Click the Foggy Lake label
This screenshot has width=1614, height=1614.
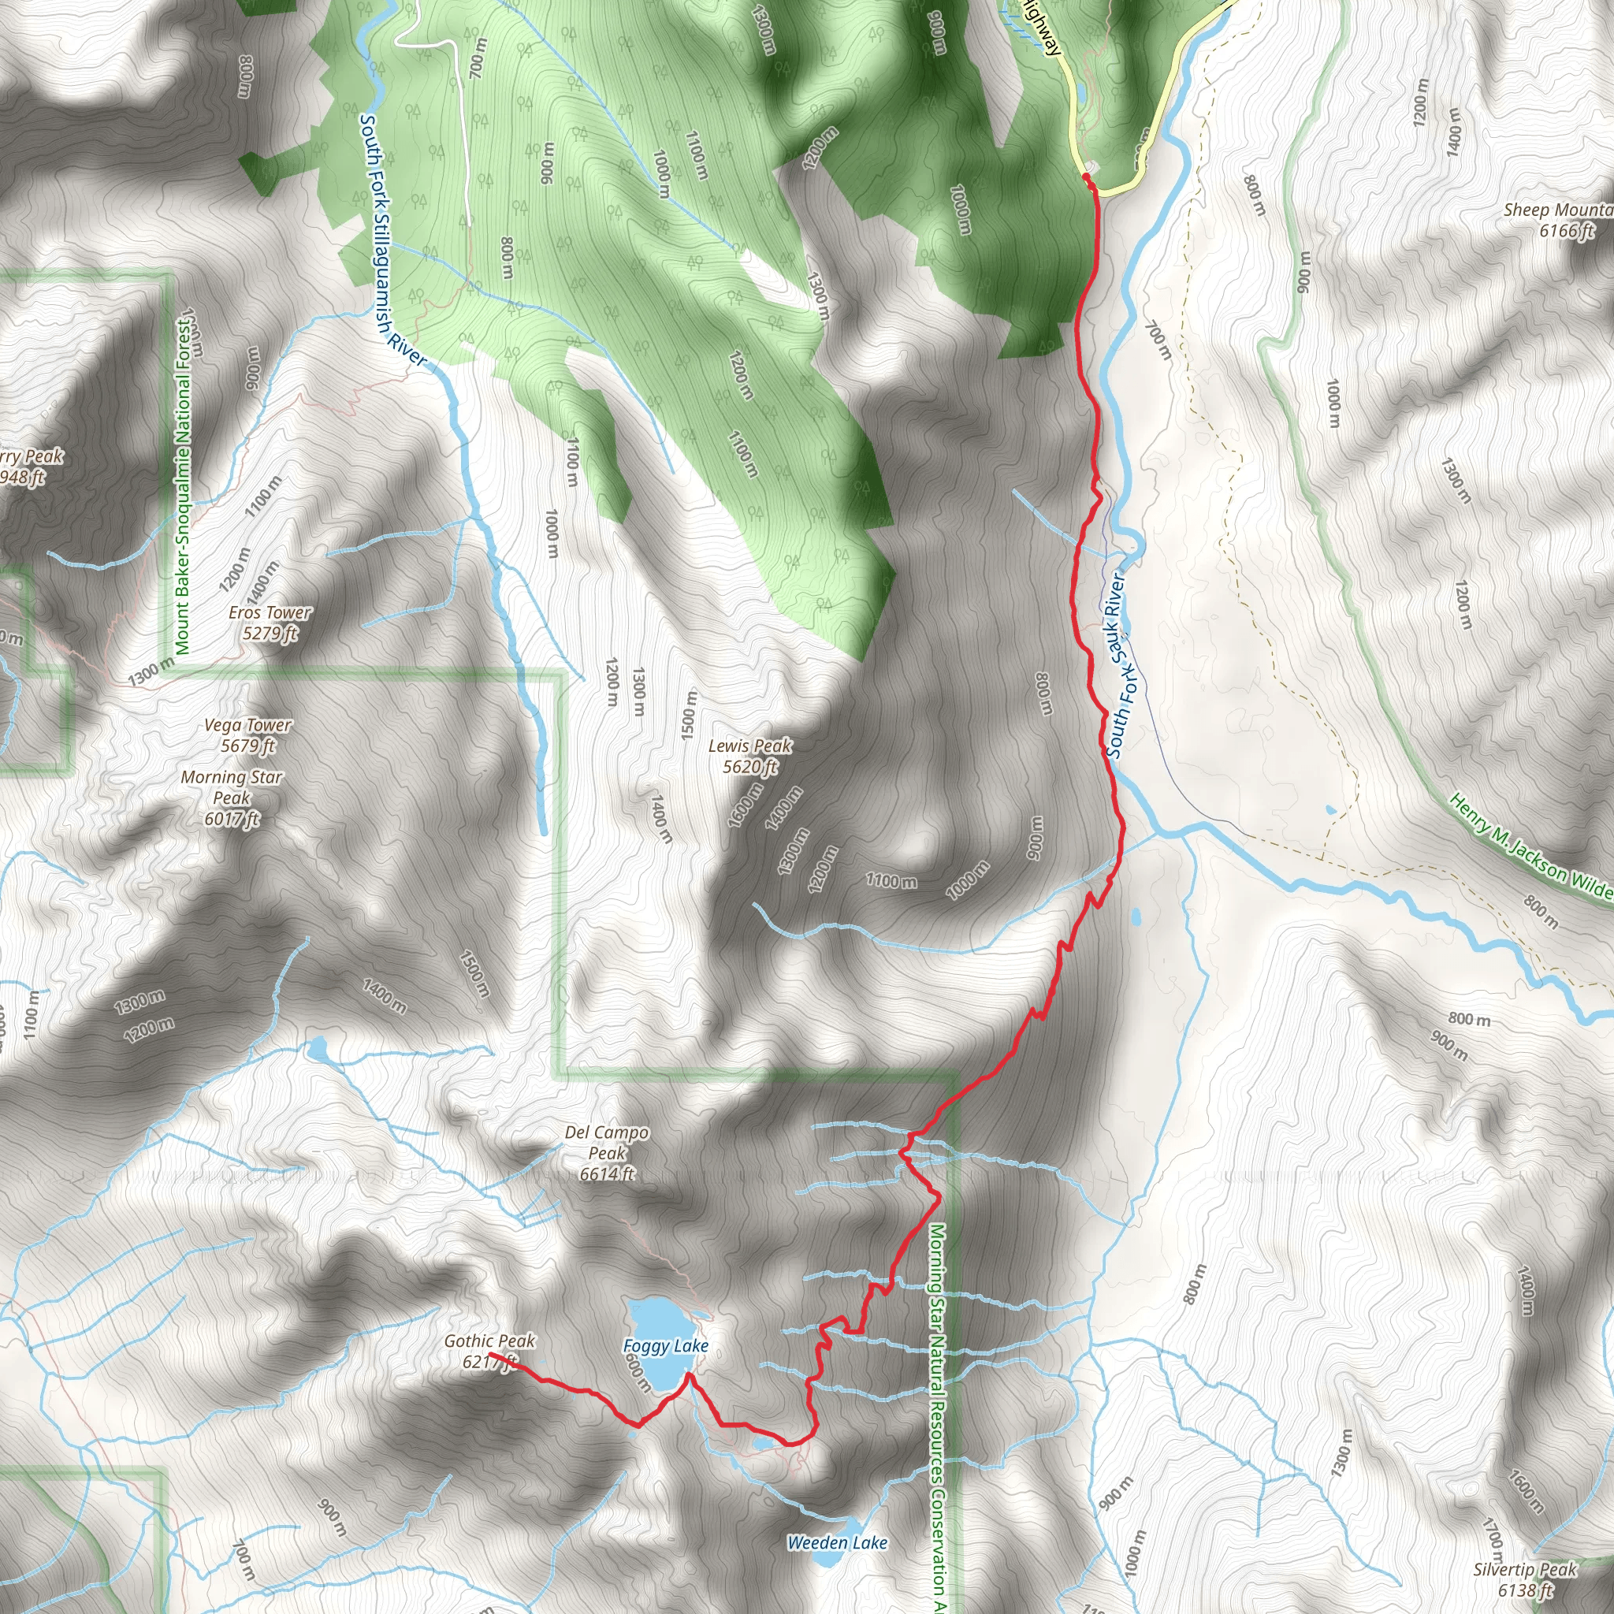666,1346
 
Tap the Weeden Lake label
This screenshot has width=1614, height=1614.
837,1543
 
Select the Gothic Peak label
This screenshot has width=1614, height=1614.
489,1352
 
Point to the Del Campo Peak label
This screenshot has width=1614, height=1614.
608,1153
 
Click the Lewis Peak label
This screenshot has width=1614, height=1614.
750,756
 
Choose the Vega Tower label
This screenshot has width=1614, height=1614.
248,735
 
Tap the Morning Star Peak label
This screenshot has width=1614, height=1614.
232,798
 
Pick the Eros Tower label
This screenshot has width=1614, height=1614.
270,623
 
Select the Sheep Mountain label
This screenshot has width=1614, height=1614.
1558,221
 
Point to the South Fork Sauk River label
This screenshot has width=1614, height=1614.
1118,665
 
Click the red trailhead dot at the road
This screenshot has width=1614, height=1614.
1086,177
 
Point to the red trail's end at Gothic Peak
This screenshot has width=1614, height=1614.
489,1354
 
